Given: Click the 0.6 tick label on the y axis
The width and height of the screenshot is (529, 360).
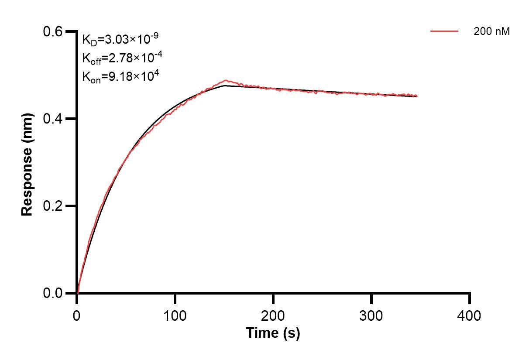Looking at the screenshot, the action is (x=52, y=31).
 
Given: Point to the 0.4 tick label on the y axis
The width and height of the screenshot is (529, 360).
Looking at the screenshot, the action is (x=52, y=119).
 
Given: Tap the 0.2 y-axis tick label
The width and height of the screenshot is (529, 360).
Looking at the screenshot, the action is (x=52, y=206).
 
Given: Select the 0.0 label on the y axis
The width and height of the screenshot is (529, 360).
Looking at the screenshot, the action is (x=52, y=293).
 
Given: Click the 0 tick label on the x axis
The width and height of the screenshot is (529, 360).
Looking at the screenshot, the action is (x=76, y=315).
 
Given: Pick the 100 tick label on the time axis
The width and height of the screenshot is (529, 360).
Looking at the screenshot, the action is (x=175, y=315).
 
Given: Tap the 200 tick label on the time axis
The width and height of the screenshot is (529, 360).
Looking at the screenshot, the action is (x=273, y=315).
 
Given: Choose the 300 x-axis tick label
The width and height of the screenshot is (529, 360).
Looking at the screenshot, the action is (x=371, y=315).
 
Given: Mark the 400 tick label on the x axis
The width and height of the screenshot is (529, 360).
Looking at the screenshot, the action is (x=469, y=315).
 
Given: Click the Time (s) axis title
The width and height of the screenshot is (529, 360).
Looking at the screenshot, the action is (x=273, y=333).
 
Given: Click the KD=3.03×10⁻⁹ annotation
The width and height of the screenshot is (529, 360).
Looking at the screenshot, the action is (x=120, y=39).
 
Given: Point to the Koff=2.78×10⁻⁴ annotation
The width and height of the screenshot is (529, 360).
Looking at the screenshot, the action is (x=122, y=58).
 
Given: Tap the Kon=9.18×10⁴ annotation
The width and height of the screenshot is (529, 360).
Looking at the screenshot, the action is (x=120, y=76).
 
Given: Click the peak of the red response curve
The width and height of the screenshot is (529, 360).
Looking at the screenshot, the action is (x=226, y=80).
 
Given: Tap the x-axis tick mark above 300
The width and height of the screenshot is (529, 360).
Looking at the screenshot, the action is (x=371, y=299).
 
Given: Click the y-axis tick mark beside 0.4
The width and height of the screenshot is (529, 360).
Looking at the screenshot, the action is (x=71, y=119).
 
